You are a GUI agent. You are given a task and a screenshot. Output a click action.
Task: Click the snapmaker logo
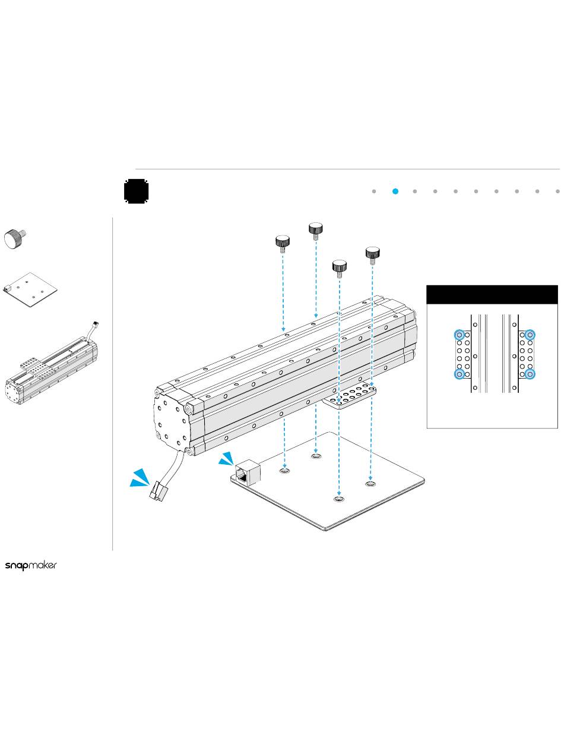(x=31, y=565)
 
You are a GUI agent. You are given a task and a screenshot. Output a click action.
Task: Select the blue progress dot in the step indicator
(x=395, y=191)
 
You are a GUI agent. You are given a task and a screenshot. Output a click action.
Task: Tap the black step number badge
(x=136, y=191)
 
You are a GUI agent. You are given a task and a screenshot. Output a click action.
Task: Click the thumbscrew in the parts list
(x=15, y=238)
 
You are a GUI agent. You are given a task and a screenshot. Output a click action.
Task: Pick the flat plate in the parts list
(x=30, y=289)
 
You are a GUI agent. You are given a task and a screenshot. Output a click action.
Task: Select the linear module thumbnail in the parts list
(x=52, y=364)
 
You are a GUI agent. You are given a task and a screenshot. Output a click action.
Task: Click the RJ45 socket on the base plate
(x=248, y=472)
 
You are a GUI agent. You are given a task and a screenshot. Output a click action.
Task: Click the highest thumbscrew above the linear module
(x=315, y=231)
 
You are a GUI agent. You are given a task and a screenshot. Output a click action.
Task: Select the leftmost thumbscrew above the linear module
(x=282, y=244)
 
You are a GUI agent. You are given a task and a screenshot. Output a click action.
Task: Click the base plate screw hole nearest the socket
(x=284, y=471)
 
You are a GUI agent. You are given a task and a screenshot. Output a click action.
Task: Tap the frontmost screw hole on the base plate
(x=338, y=499)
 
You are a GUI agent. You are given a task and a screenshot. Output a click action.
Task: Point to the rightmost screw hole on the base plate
(x=370, y=483)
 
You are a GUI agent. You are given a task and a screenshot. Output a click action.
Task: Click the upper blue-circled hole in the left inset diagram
(x=459, y=335)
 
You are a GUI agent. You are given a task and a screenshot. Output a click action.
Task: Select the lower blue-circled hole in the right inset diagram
(x=530, y=374)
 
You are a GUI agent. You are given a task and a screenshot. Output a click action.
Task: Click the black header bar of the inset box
(x=492, y=295)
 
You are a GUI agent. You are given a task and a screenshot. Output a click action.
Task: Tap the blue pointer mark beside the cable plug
(x=140, y=478)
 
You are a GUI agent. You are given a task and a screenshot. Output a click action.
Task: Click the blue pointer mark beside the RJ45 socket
(x=226, y=458)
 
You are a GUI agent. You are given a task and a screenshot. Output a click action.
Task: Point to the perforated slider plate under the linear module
(x=349, y=395)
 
